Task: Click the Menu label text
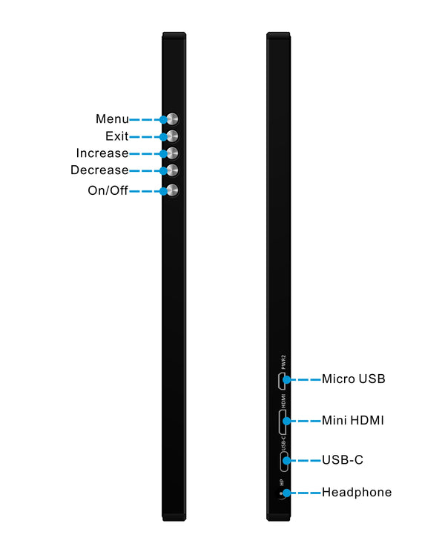pyautogui.click(x=112, y=119)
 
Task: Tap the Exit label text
pyautogui.click(x=116, y=136)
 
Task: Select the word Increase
pyautogui.click(x=102, y=153)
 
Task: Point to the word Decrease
pyautogui.click(x=99, y=170)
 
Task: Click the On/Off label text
pyautogui.click(x=108, y=190)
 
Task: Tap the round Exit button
pyautogui.click(x=172, y=136)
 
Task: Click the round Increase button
pyautogui.click(x=172, y=153)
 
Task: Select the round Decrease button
pyautogui.click(x=172, y=170)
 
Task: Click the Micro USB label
pyautogui.click(x=353, y=379)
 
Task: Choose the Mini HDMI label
pyautogui.click(x=352, y=420)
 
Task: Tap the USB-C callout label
pyautogui.click(x=342, y=460)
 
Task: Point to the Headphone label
pyautogui.click(x=356, y=492)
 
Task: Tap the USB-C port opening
pyautogui.click(x=283, y=461)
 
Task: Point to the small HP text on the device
pyautogui.click(x=282, y=483)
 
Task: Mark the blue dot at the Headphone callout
pyautogui.click(x=286, y=493)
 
